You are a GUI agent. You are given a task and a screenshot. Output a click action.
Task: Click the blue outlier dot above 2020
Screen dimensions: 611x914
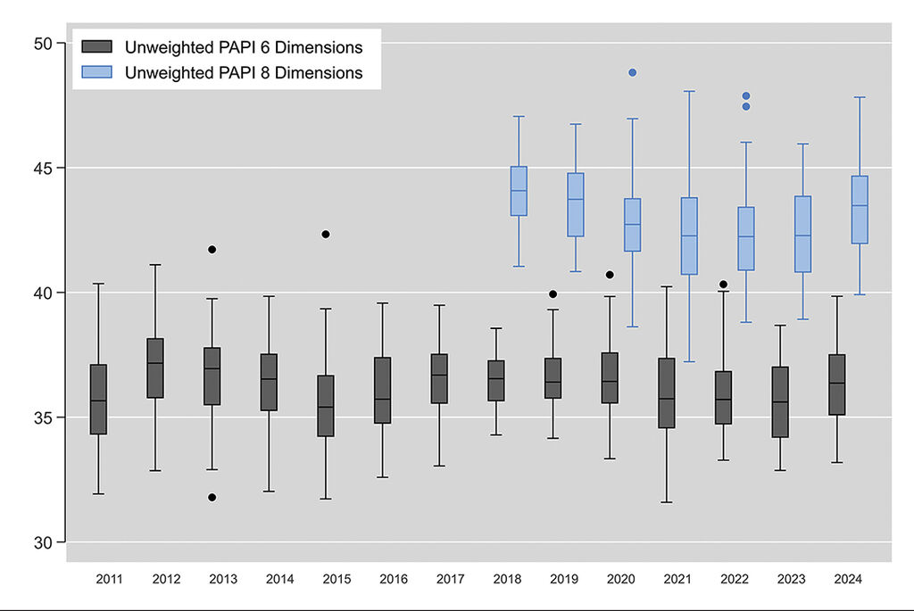coord(633,72)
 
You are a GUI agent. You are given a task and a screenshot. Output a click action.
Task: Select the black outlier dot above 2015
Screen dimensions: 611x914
coord(326,234)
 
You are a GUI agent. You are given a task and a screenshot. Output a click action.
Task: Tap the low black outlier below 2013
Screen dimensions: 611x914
coord(212,497)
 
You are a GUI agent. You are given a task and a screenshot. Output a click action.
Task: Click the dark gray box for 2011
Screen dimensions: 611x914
coord(98,400)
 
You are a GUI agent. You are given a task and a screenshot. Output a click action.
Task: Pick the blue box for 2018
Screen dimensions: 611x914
coord(519,191)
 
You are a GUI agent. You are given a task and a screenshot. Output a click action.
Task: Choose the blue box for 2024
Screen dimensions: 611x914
coord(860,210)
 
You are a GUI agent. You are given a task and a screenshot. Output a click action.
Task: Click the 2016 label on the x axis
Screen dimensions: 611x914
coord(394,580)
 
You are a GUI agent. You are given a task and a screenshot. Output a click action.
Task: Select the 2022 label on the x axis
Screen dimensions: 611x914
coord(734,580)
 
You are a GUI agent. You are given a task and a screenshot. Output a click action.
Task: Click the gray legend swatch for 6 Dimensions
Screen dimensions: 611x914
coord(97,46)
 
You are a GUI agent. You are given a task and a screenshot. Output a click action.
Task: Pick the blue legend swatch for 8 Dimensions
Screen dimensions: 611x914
coord(97,72)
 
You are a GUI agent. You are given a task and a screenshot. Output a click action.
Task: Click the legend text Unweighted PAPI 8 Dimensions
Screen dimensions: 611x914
coord(244,73)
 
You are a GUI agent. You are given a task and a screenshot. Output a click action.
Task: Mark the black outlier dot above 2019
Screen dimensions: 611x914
coord(553,293)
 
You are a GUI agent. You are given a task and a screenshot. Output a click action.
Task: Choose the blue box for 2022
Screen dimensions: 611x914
coord(746,239)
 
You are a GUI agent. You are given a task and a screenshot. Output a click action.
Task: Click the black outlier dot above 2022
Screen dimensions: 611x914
coord(724,285)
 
